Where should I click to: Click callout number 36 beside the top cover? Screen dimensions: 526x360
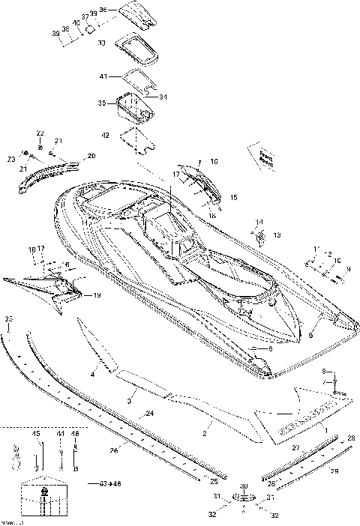[x=103, y=10]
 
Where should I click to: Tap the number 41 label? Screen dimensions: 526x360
[x=103, y=76]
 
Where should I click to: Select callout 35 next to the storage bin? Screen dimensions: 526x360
[x=103, y=103]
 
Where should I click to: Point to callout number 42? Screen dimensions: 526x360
[x=105, y=136]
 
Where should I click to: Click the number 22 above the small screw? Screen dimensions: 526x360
[x=40, y=133]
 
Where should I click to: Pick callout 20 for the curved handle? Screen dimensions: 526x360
[x=91, y=156]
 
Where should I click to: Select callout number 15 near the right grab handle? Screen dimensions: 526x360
[x=233, y=197]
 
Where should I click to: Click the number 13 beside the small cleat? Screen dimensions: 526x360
[x=276, y=235]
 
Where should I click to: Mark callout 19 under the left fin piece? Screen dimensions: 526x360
[x=97, y=295]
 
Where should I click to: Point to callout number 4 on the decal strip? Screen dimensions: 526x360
[x=93, y=372]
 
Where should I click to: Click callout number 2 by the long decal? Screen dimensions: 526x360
[x=205, y=433]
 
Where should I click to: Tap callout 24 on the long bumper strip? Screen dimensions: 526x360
[x=150, y=414]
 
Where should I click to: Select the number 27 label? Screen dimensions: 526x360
[x=295, y=447]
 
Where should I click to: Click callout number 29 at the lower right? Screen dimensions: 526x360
[x=334, y=470]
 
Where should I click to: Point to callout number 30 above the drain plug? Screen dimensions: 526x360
[x=243, y=486]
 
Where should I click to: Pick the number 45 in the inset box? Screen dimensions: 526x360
[x=36, y=434]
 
